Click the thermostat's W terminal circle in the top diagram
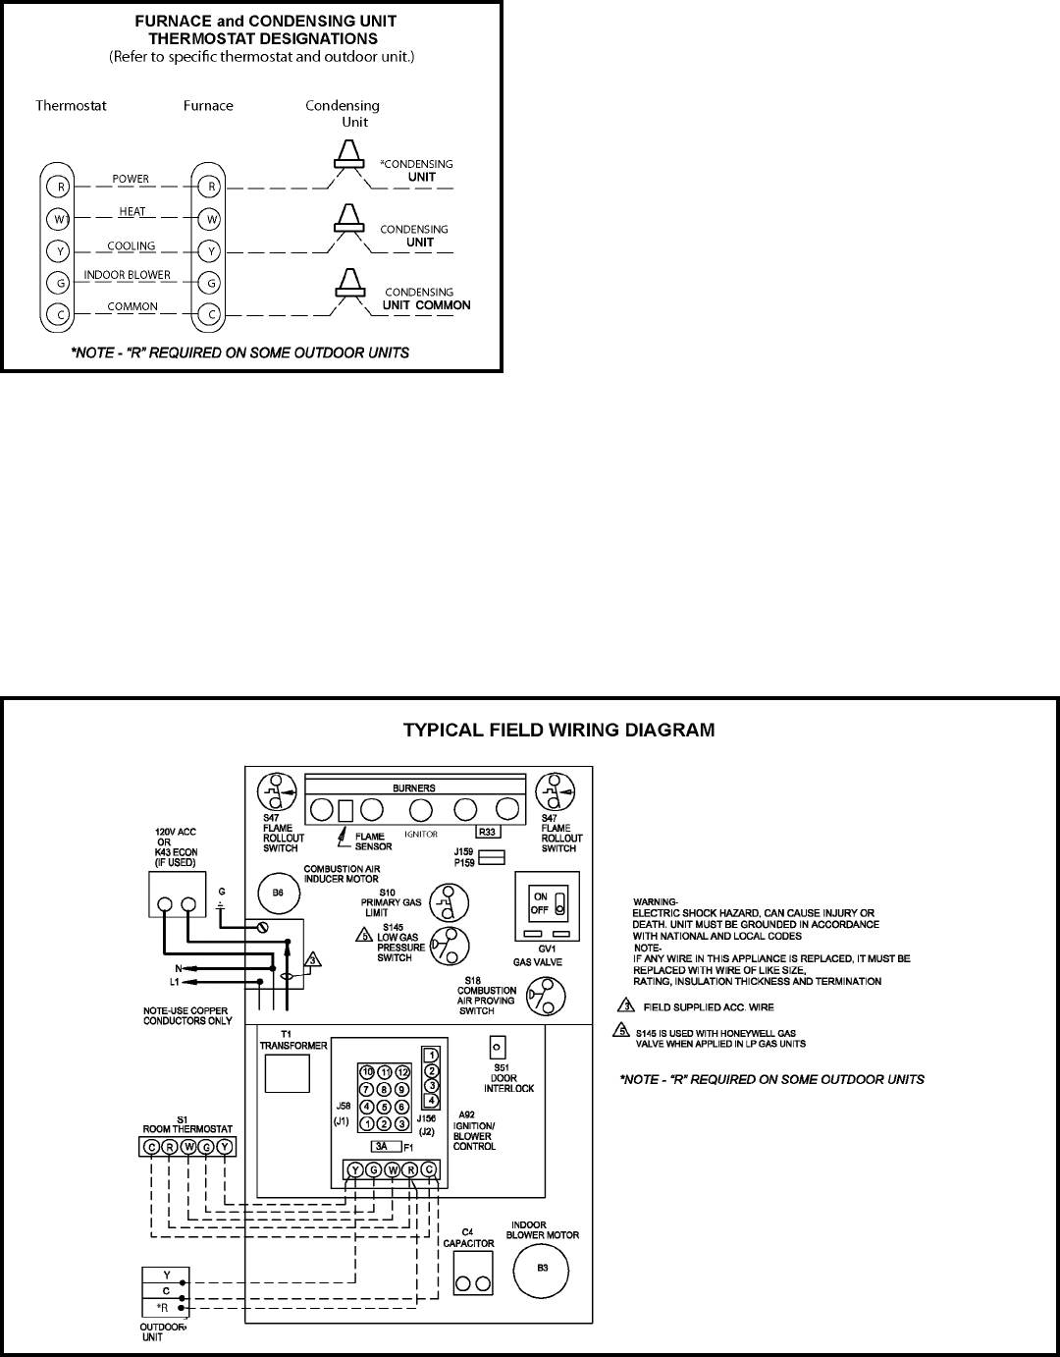(x=61, y=218)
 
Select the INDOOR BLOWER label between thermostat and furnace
(x=128, y=275)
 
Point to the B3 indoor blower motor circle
(x=542, y=1268)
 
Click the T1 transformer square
(x=288, y=1073)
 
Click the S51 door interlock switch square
(x=498, y=1048)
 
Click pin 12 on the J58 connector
(x=402, y=1070)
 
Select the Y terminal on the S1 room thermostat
(x=225, y=1146)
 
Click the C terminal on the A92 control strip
(x=429, y=1168)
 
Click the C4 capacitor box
(x=473, y=1284)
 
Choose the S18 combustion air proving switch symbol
(x=542, y=995)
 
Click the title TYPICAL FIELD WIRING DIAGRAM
(x=559, y=730)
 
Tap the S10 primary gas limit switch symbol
(x=449, y=902)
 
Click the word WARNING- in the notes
(x=655, y=900)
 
